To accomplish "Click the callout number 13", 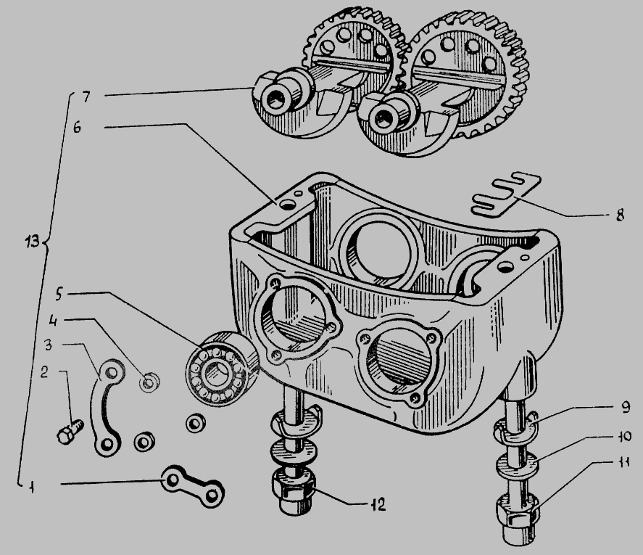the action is (32, 242).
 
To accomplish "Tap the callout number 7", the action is (86, 97).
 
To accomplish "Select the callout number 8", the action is (620, 215).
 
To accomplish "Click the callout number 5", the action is (59, 294).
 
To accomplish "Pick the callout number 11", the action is (623, 463).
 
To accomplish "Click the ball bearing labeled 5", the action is (220, 368).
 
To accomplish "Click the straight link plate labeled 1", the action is (193, 486).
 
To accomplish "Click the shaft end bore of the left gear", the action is (273, 99).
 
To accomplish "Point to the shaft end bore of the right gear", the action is (383, 119).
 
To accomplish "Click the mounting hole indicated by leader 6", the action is (289, 204).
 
